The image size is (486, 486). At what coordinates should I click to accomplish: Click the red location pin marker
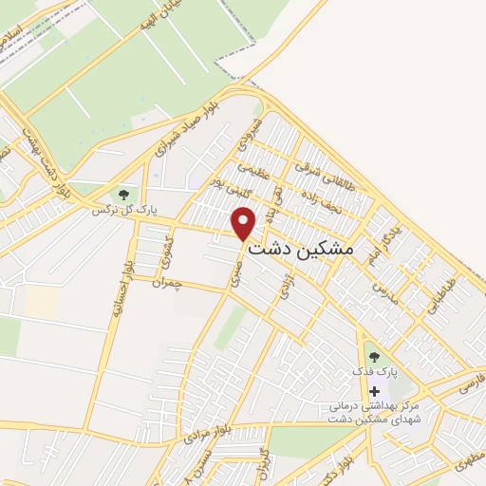click(x=244, y=223)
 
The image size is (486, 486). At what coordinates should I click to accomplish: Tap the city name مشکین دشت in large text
click(x=300, y=248)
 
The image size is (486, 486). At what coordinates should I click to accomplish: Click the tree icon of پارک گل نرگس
click(x=122, y=195)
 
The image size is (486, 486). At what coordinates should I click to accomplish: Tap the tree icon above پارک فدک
click(x=374, y=357)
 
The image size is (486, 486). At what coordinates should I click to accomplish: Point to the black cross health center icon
click(x=374, y=391)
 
